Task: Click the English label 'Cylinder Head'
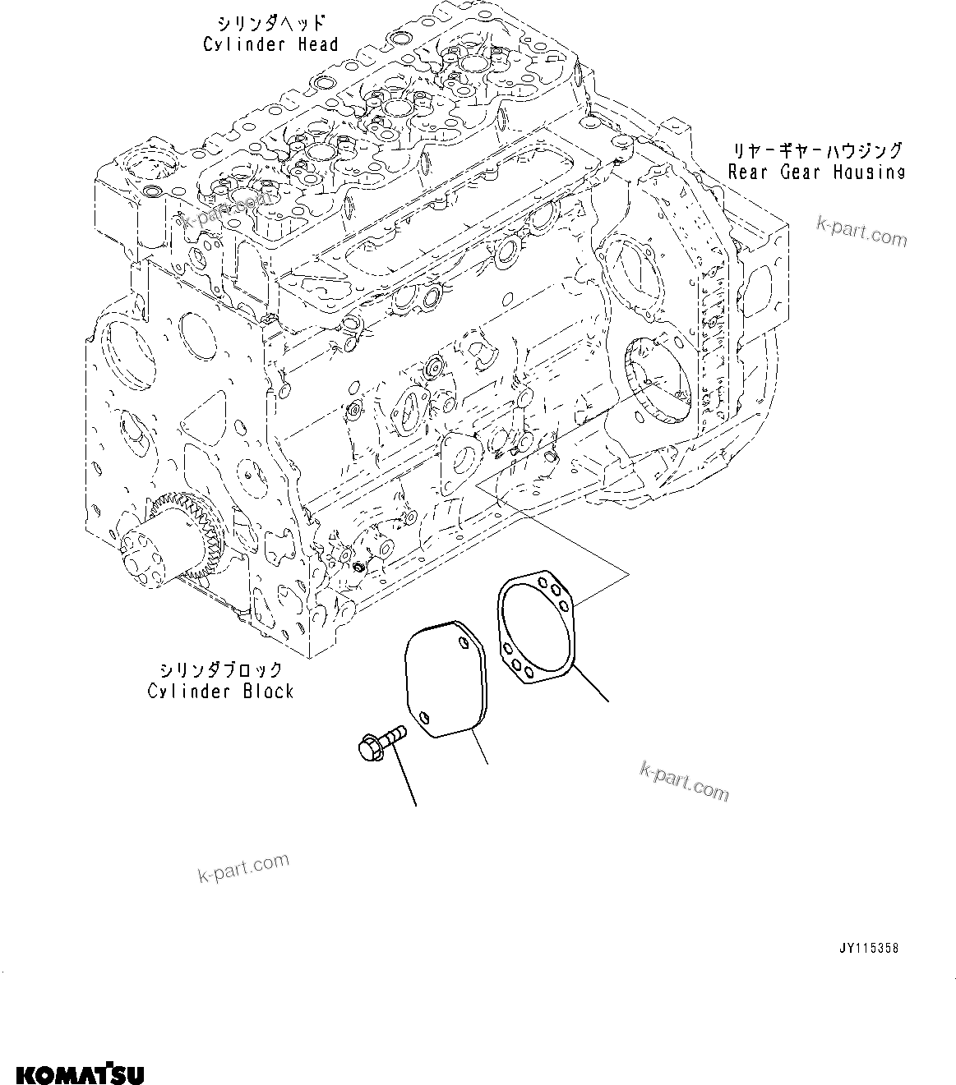tap(270, 44)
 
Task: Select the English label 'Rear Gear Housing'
tap(815, 172)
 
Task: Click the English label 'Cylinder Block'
tap(220, 692)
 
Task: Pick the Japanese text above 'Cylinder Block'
tap(220, 670)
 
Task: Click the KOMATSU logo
tap(80, 1074)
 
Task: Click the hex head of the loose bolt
tap(368, 747)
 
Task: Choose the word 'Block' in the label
tap(266, 692)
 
